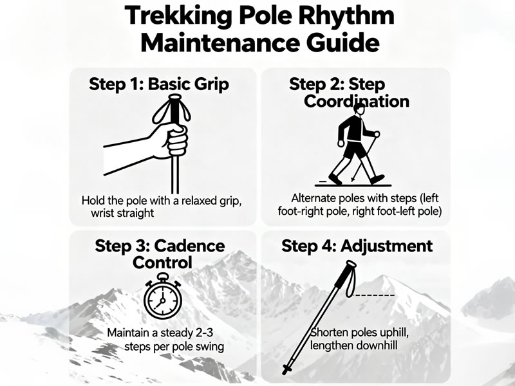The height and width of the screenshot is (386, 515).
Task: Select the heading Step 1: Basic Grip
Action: pos(159,84)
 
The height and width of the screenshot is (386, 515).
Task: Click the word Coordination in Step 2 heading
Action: pos(357,101)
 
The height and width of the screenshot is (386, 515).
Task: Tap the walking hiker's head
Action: pos(359,109)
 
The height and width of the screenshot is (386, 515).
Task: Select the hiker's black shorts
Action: pos(355,149)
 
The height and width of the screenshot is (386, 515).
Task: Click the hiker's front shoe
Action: pos(377,179)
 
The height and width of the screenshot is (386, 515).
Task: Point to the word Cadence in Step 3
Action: pos(189,246)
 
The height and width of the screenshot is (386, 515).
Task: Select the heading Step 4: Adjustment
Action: pos(357,246)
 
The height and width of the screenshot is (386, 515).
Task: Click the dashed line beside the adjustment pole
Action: pos(374,295)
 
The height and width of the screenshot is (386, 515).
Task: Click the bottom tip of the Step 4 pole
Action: pos(285,372)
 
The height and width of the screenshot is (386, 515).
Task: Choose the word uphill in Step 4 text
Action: pos(389,333)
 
